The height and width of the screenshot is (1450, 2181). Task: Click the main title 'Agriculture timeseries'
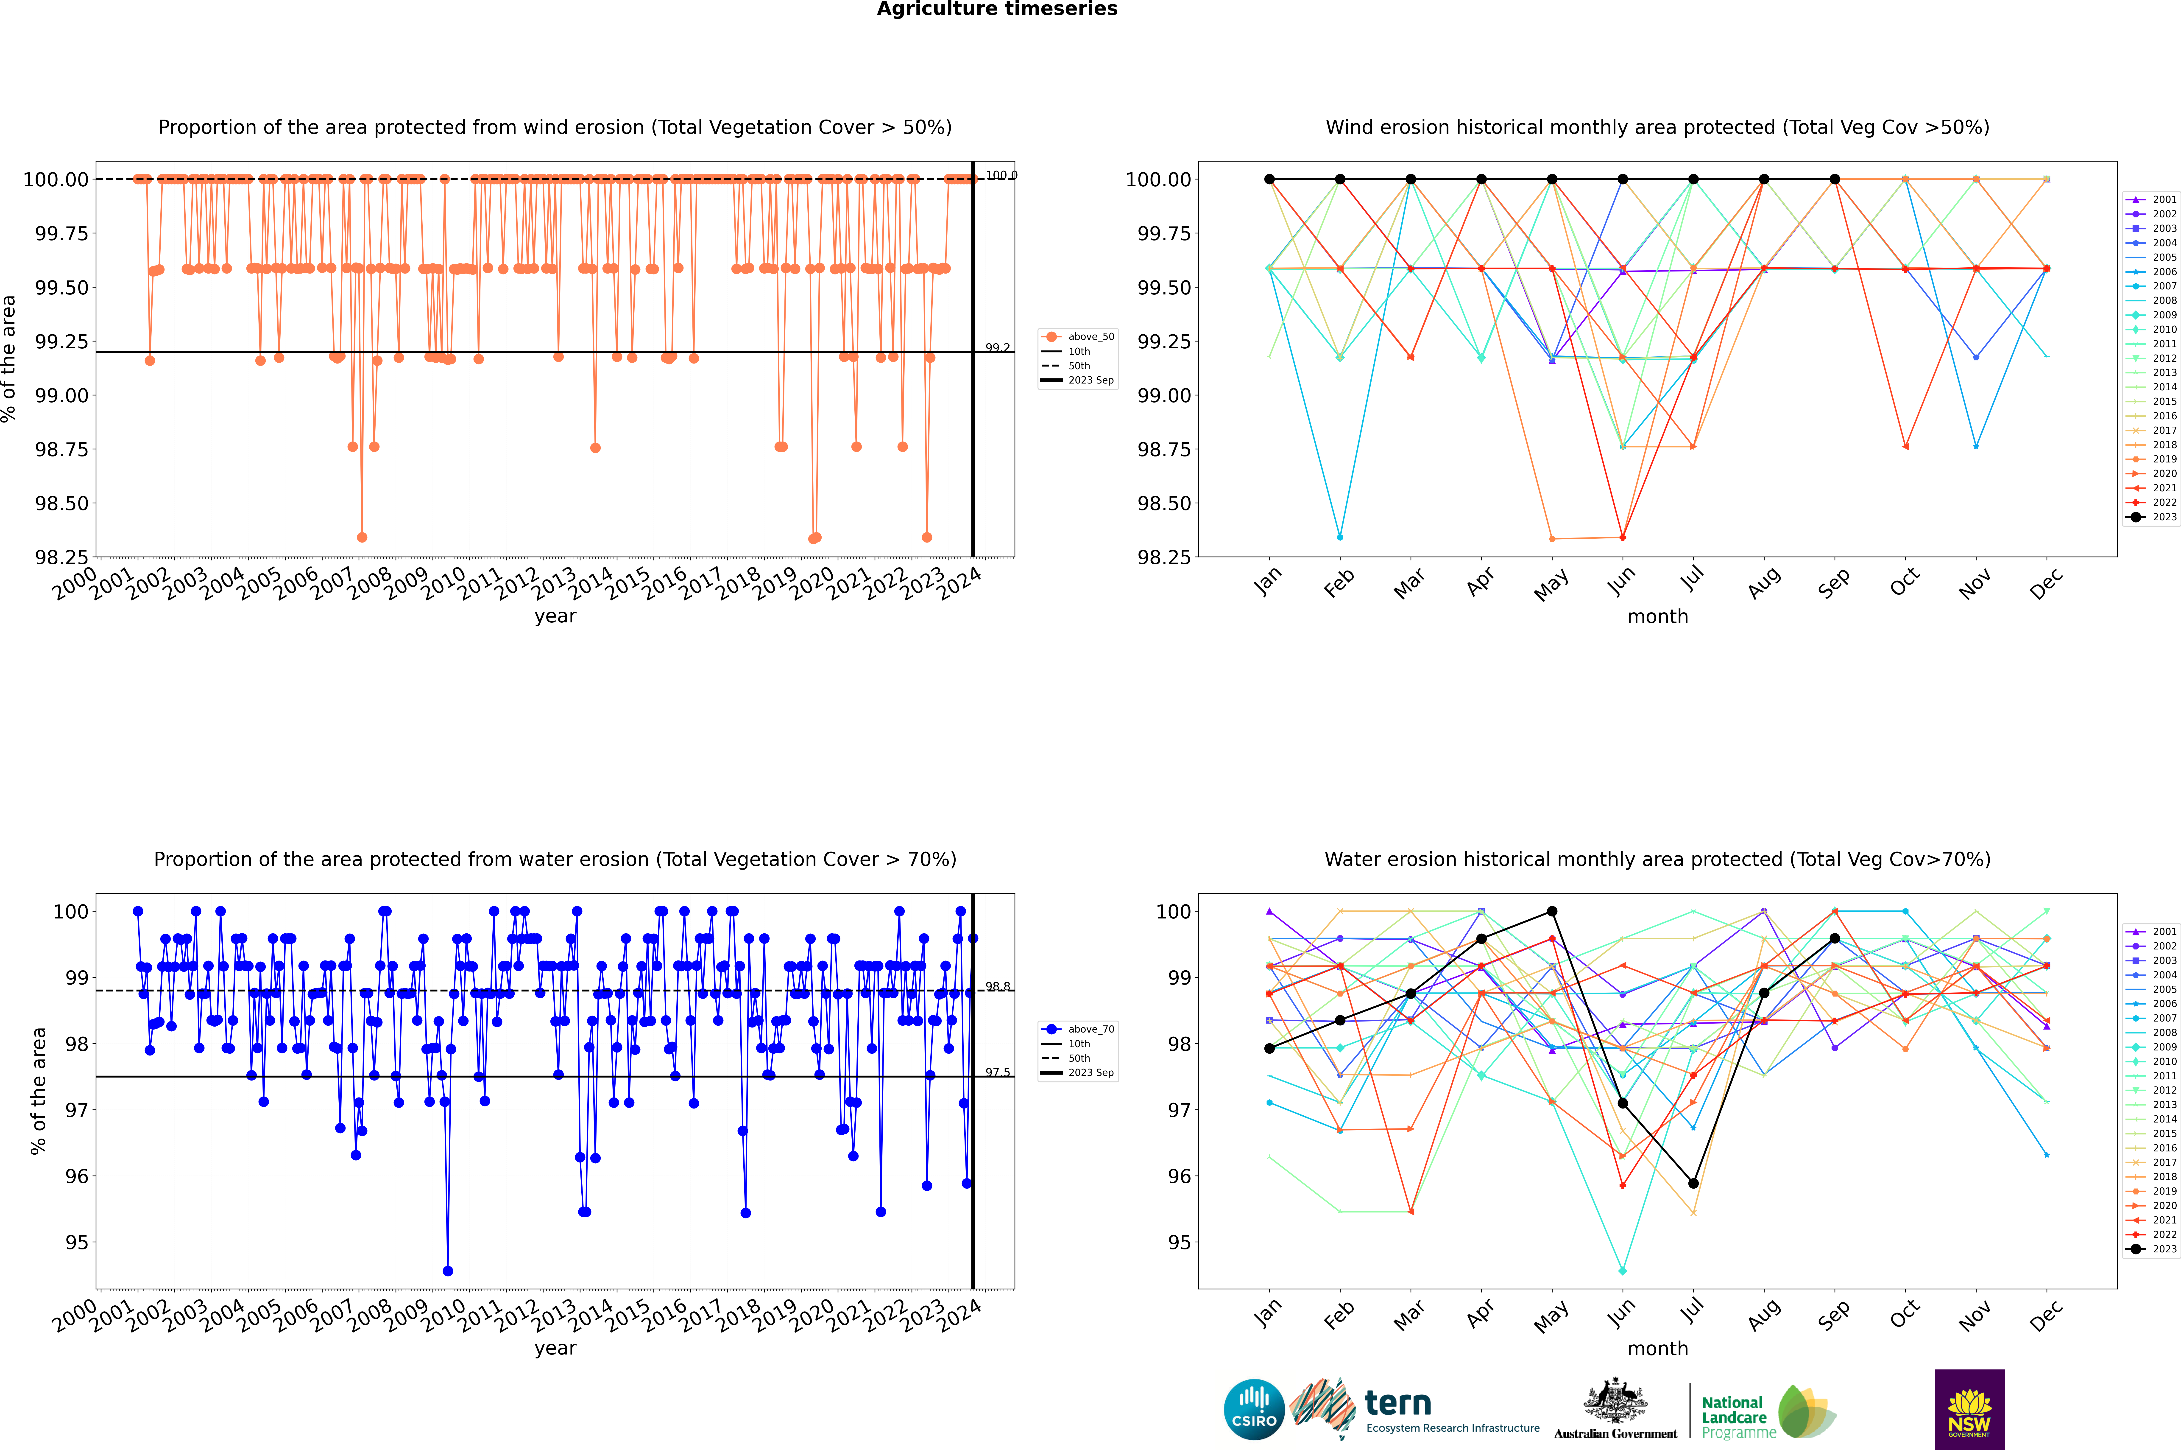coord(997,9)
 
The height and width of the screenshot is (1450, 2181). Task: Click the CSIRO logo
coord(1254,1409)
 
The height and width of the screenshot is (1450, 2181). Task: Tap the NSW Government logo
coord(1969,1409)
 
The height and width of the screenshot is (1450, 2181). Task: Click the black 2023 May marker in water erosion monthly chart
coord(1552,912)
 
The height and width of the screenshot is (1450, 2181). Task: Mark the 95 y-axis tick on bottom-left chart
coord(76,1243)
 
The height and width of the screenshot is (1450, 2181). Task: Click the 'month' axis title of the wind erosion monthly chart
coord(1657,617)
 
